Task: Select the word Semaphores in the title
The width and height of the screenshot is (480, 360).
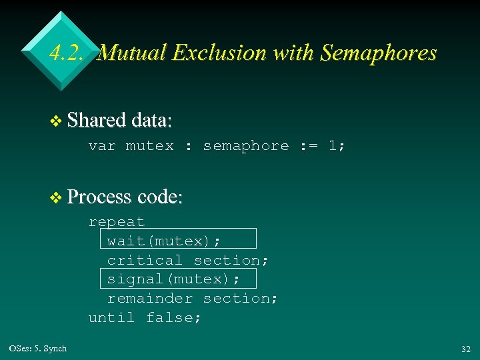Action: [x=378, y=53]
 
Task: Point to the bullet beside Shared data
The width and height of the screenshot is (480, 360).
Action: [x=57, y=121]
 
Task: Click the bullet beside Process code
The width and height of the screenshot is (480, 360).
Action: [x=57, y=197]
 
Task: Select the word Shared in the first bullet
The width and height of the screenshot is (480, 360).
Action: [x=97, y=121]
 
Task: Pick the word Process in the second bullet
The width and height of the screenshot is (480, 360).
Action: [x=100, y=197]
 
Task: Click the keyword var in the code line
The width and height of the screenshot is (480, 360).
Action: [x=102, y=146]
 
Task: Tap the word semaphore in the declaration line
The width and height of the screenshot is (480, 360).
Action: [x=246, y=146]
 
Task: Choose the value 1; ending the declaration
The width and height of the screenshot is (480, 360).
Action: [x=337, y=146]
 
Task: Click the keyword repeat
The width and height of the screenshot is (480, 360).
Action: [x=117, y=221]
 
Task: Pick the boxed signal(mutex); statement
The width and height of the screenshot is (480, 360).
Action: [x=178, y=278]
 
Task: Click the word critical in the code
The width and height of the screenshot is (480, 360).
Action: [x=145, y=260]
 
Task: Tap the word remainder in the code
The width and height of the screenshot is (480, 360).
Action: [x=150, y=298]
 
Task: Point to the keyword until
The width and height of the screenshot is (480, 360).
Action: [x=111, y=318]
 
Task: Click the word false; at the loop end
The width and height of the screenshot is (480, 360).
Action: [x=173, y=318]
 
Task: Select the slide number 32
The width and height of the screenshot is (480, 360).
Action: [x=465, y=349]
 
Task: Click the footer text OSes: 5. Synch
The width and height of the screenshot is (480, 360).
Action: [x=38, y=348]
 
